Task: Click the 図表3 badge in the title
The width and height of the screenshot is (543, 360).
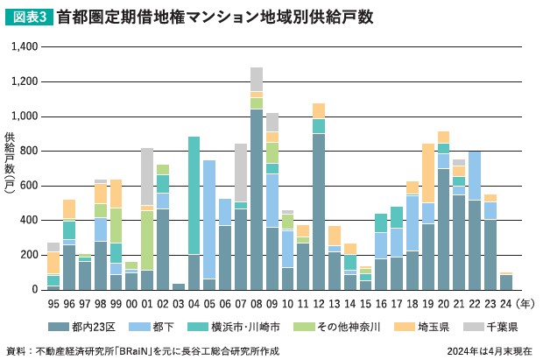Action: [28, 17]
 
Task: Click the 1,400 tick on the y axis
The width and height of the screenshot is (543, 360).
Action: [25, 47]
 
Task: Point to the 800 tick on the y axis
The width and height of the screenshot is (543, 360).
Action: [29, 151]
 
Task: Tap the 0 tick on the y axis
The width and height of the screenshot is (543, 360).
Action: [36, 290]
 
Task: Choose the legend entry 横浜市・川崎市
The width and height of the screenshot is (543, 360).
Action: [247, 326]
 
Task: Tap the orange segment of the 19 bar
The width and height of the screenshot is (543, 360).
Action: [428, 173]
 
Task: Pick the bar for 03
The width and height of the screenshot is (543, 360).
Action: [179, 286]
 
